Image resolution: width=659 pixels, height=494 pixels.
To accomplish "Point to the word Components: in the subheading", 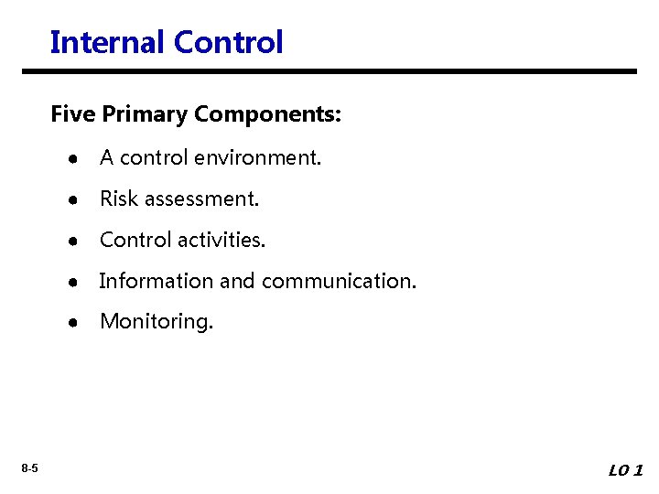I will (x=268, y=116).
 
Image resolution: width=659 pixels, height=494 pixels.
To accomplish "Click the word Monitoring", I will (x=157, y=322).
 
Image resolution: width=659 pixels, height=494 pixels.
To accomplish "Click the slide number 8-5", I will (x=30, y=469).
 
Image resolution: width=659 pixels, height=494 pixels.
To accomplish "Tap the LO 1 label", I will (x=626, y=470).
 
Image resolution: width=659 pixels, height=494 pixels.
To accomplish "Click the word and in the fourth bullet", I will (x=237, y=281).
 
